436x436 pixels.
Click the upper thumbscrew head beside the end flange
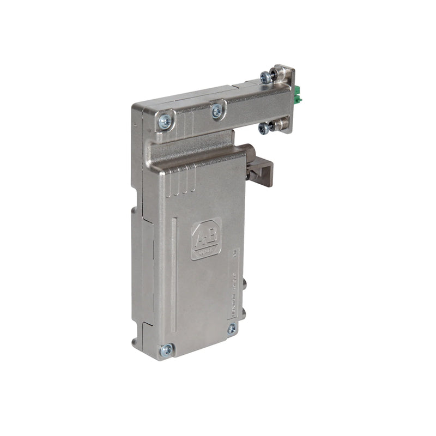266,77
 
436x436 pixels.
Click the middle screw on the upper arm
217,111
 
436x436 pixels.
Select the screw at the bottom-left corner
166,350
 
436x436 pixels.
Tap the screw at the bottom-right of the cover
232,328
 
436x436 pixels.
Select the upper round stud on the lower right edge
244,284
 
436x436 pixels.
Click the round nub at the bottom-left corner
135,343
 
